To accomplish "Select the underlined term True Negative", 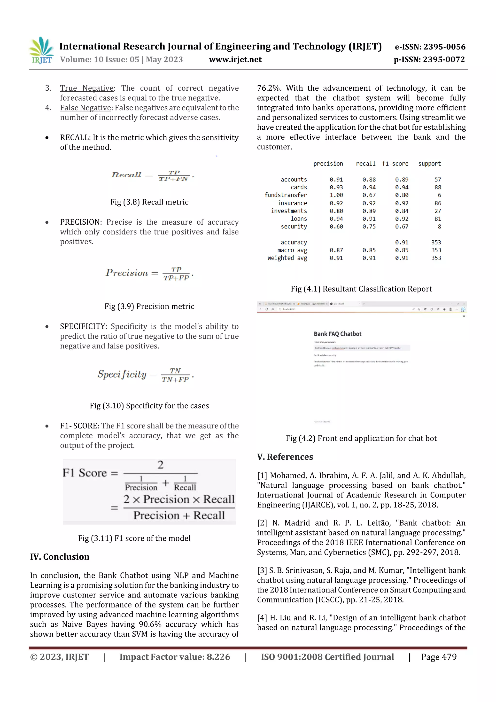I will point(87,88).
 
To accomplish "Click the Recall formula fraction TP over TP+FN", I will point(174,176).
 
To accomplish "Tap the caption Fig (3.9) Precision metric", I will point(149,306).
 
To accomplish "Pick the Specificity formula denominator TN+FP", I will point(175,379).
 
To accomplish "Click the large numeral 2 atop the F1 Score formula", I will point(160,465).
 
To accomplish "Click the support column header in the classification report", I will point(429,164).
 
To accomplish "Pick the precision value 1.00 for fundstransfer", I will point(336,195).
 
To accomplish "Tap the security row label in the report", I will point(294,227).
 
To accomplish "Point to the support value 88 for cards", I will point(438,187).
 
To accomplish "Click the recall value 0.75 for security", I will point(369,227).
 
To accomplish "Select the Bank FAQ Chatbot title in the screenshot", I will point(337,334).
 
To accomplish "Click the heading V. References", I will point(285,457).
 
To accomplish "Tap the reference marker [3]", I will point(262,570).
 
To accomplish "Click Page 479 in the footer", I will point(439,657).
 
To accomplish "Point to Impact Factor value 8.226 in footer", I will point(175,657).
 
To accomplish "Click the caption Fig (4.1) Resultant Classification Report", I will point(361,289).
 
